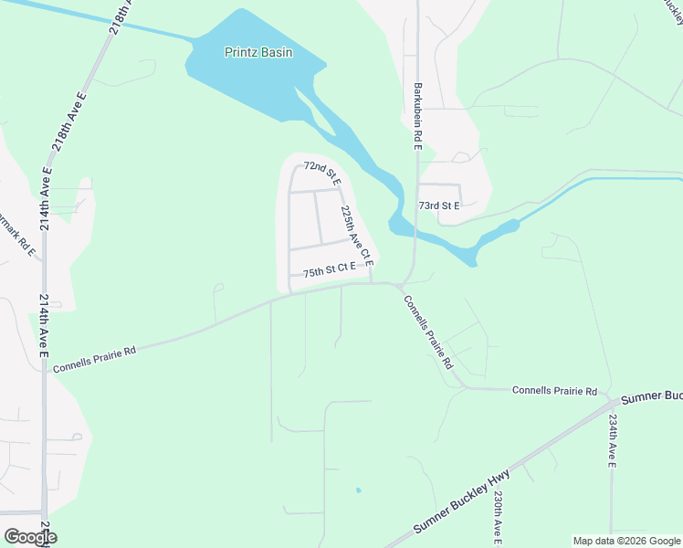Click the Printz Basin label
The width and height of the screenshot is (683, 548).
pyautogui.click(x=258, y=52)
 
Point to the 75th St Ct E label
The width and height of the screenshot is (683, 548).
pyautogui.click(x=329, y=269)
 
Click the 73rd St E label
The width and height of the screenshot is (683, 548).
pyautogui.click(x=438, y=206)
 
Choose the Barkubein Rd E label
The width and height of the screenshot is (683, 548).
pyautogui.click(x=417, y=117)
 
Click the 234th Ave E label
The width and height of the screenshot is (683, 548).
pyautogui.click(x=613, y=441)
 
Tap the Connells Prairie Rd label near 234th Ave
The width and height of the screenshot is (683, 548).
pyautogui.click(x=554, y=390)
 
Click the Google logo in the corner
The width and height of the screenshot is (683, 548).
pyautogui.click(x=29, y=537)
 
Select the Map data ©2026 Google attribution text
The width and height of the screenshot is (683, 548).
pyautogui.click(x=625, y=541)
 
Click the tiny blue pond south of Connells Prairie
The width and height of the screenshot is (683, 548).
pyautogui.click(x=358, y=490)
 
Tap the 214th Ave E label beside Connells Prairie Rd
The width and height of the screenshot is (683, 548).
pyautogui.click(x=44, y=326)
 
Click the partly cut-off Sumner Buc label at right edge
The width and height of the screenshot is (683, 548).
pyautogui.click(x=651, y=398)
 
